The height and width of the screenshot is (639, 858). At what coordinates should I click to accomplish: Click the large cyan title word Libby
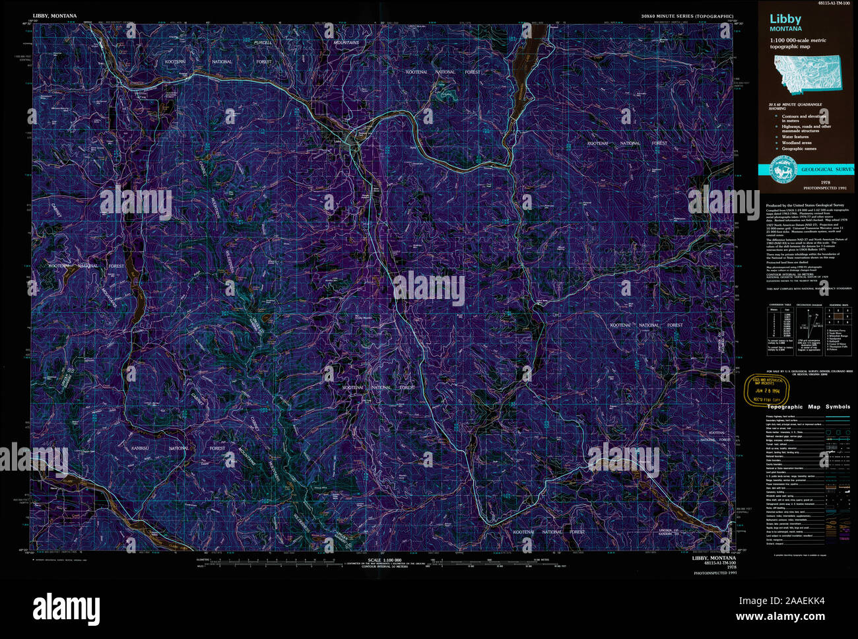pos(785,19)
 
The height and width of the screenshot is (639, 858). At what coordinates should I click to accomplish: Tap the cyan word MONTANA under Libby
pos(785,29)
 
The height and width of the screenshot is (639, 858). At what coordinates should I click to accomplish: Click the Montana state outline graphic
pos(808,71)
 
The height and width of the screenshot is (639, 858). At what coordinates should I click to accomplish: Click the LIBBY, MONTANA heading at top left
pos(55,16)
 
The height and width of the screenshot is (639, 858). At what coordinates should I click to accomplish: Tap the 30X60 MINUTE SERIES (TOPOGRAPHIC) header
pos(686,16)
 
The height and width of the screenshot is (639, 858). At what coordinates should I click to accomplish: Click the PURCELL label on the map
pos(263,43)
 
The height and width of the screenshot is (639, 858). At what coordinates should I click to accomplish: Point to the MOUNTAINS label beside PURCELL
pos(346,43)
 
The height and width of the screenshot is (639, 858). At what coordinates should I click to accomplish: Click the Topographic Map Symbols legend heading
pos(808,407)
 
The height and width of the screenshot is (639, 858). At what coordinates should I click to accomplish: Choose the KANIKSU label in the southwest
pos(140,448)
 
